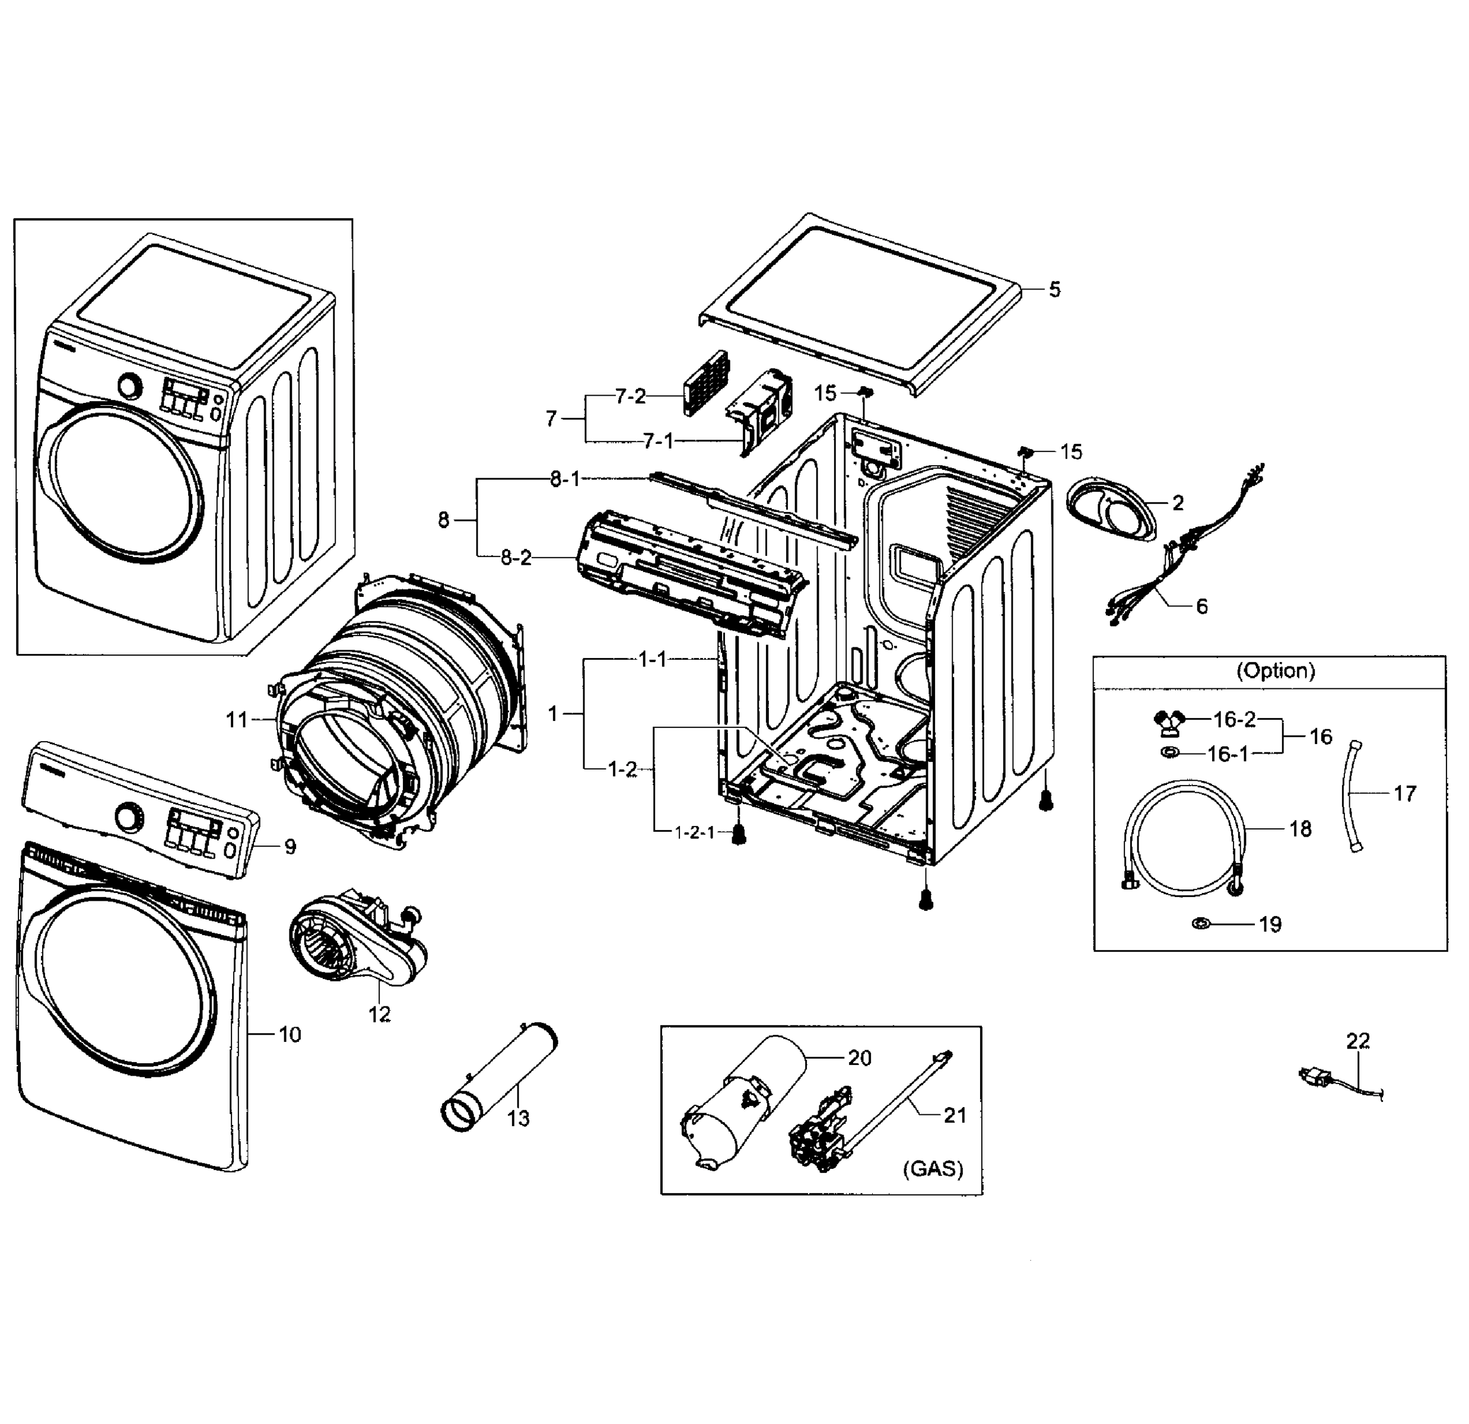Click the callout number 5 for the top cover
(1054, 290)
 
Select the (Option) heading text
(1275, 670)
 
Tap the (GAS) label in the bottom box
(933, 1168)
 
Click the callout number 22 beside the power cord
(1357, 1041)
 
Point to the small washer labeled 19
(1201, 923)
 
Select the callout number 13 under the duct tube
(518, 1118)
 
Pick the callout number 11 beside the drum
(237, 720)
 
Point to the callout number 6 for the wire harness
(1201, 606)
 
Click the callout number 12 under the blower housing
(379, 1014)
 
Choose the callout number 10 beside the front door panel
(290, 1034)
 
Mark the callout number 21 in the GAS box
(955, 1115)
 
